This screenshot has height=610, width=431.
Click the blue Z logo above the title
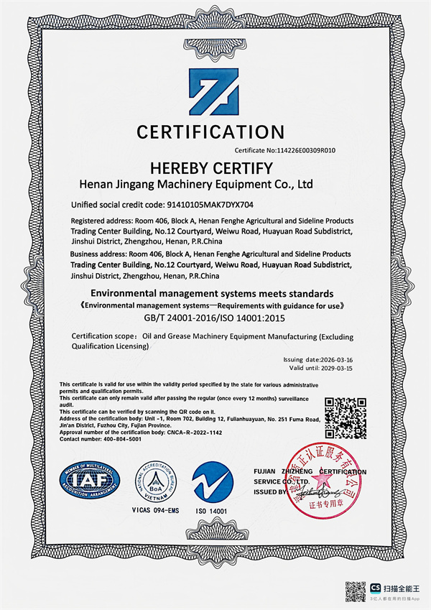pyautogui.click(x=213, y=91)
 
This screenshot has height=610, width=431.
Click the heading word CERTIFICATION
pyautogui.click(x=210, y=132)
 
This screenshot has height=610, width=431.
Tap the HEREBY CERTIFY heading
pyautogui.click(x=210, y=169)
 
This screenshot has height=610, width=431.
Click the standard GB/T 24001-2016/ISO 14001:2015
pyautogui.click(x=210, y=318)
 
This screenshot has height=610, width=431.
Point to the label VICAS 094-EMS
pyautogui.click(x=150, y=510)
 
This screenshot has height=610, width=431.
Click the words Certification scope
pyautogui.click(x=100, y=336)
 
